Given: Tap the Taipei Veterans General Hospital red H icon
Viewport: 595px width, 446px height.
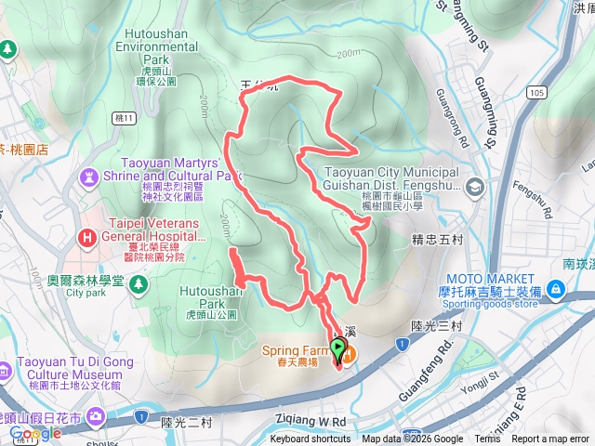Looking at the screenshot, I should (x=87, y=237).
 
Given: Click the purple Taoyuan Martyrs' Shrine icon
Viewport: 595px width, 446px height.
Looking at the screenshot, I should (x=89, y=174).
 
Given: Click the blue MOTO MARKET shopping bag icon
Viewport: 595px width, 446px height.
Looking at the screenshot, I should (x=554, y=290).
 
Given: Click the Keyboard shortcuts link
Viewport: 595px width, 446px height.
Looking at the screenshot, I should (x=311, y=439).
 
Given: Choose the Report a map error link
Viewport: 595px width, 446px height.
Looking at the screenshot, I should (x=549, y=439).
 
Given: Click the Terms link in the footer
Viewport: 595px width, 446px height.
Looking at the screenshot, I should (x=487, y=439).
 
